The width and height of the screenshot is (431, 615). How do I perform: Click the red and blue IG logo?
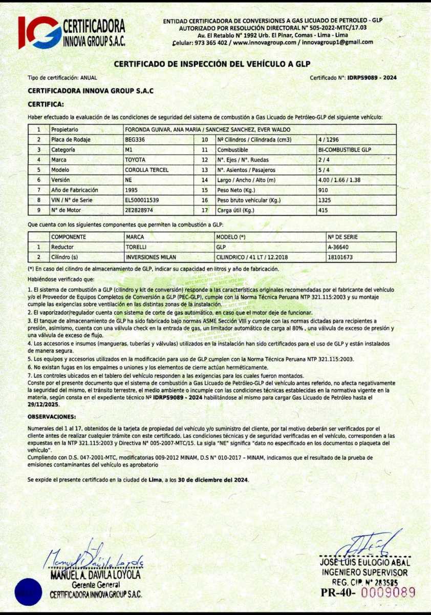[39, 32]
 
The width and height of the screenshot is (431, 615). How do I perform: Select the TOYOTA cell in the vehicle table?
[135, 159]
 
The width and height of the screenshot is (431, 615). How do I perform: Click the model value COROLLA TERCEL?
[147, 170]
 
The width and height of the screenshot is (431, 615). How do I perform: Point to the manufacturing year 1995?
[131, 190]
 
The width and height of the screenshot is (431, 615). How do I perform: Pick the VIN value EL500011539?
[142, 200]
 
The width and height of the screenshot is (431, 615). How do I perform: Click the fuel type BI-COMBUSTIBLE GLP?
[344, 150]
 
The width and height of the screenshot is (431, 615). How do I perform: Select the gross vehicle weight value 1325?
[324, 200]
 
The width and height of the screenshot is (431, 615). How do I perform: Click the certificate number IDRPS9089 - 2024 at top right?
[372, 77]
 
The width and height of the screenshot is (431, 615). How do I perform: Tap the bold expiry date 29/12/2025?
[44, 403]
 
